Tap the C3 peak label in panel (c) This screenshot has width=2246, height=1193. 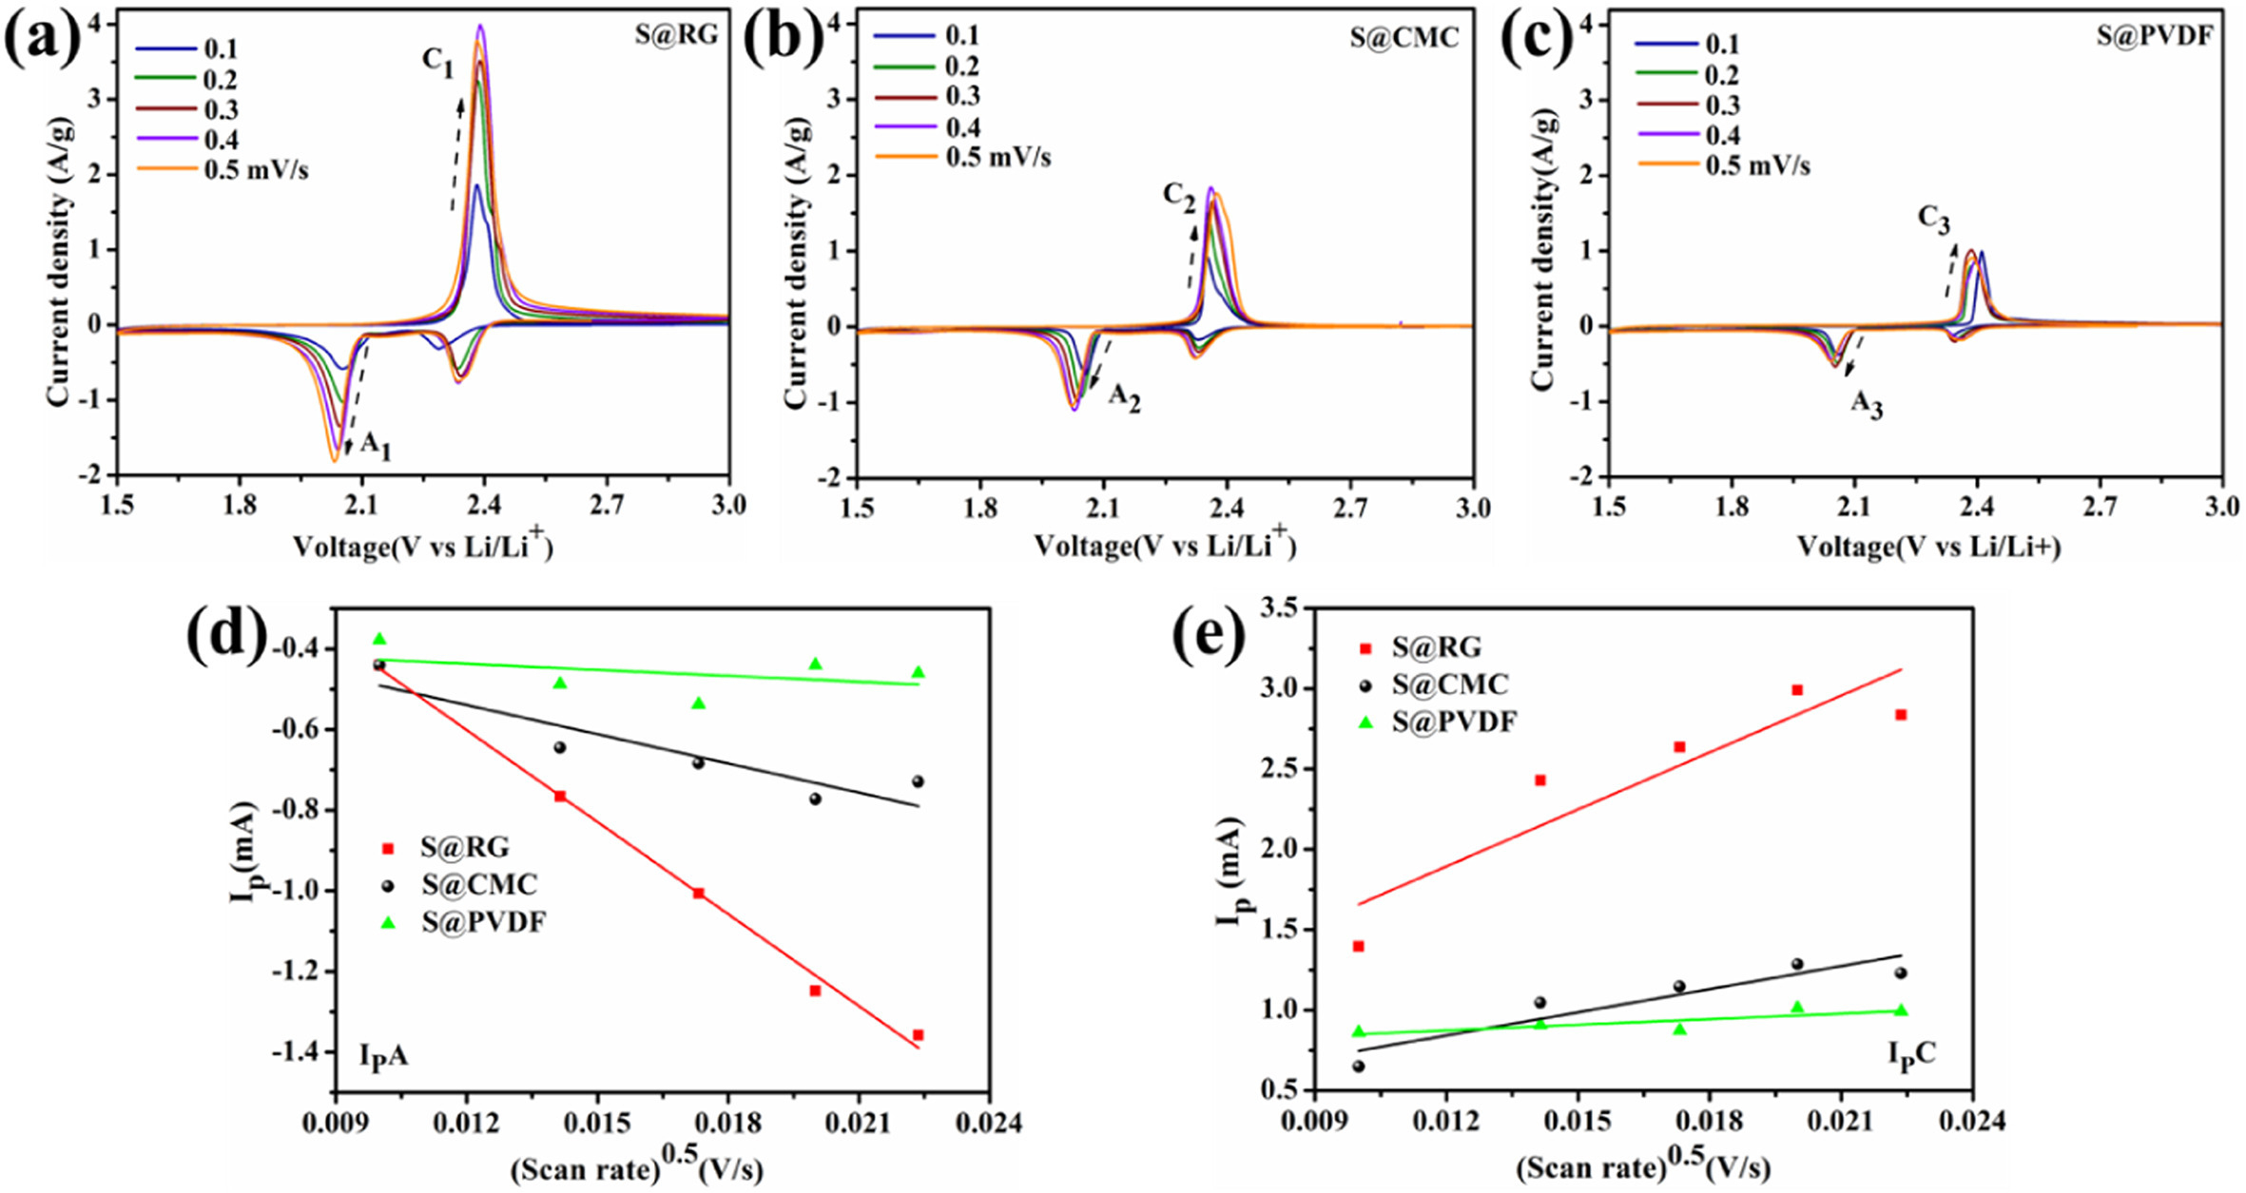point(1934,219)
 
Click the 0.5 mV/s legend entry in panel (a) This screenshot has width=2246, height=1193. point(249,171)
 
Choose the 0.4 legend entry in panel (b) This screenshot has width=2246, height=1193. point(962,126)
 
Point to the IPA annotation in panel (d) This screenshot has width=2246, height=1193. point(383,1056)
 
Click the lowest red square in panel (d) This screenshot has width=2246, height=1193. point(918,1035)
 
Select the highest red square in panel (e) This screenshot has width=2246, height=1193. point(1797,690)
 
